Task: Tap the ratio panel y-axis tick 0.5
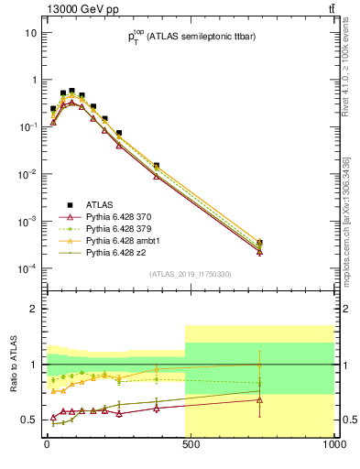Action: (29, 420)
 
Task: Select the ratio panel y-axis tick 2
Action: (33, 309)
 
